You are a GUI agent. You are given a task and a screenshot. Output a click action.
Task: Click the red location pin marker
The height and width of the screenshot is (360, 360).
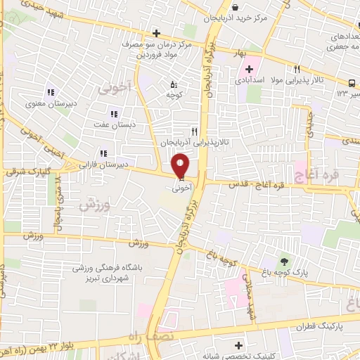(x=181, y=166)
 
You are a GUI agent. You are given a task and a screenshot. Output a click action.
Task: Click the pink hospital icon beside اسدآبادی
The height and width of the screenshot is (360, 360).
(x=248, y=70)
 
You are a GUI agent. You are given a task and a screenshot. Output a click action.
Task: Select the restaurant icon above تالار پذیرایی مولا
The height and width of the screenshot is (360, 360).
(x=297, y=70)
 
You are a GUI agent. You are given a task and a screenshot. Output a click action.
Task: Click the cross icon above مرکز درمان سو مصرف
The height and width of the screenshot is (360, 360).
(x=156, y=33)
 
